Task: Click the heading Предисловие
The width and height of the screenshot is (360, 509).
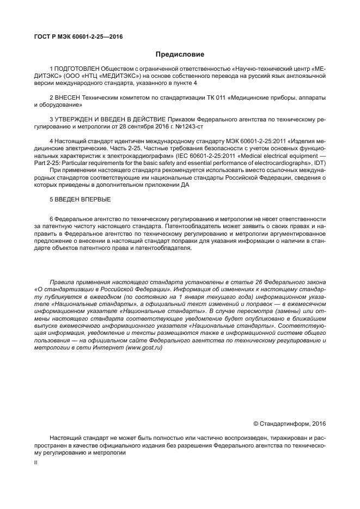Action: pyautogui.click(x=180, y=54)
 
